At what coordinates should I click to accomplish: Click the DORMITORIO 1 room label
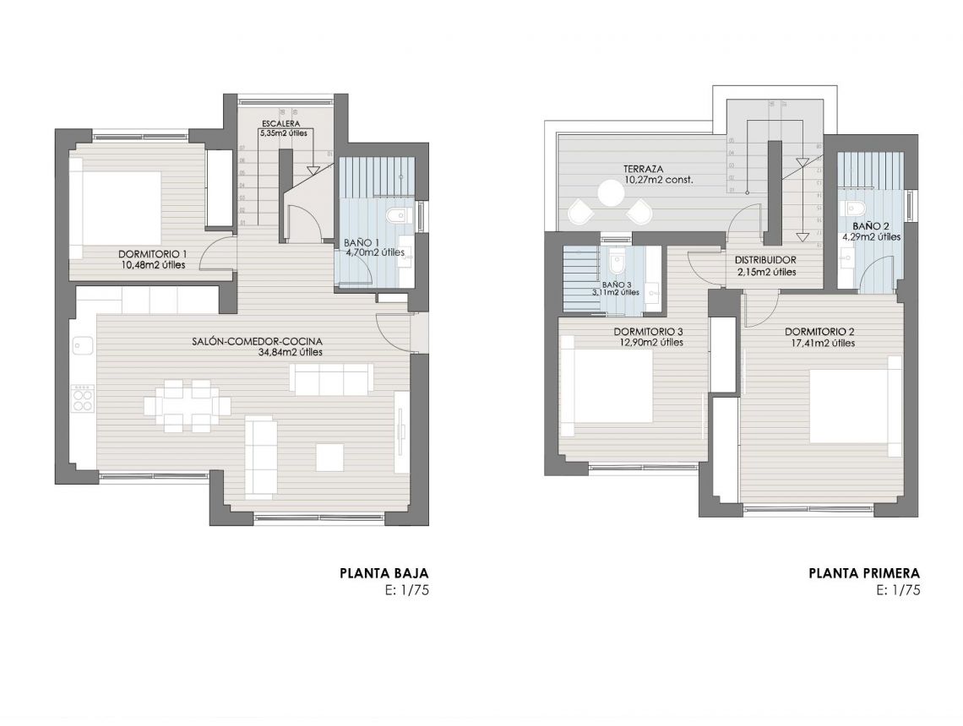(152, 253)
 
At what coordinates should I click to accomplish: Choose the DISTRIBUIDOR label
(766, 260)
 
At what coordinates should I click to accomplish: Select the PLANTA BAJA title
(384, 573)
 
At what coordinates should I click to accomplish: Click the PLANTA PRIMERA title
(864, 573)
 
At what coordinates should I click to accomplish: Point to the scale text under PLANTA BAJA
(406, 590)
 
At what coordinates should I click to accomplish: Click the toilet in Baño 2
(855, 208)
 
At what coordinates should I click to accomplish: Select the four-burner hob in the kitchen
(83, 398)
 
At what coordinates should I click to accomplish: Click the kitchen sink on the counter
(83, 345)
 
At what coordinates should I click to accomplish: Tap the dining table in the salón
(187, 405)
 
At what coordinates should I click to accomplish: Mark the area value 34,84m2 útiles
(290, 353)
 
